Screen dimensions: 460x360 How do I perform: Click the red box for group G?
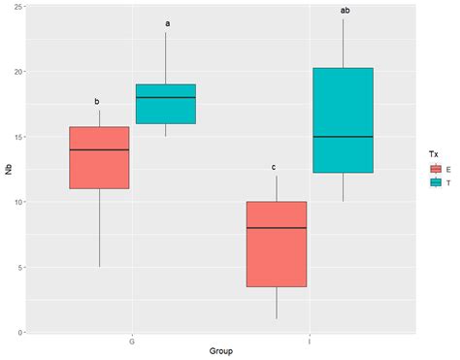(99, 157)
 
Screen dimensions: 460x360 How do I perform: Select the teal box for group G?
(166, 104)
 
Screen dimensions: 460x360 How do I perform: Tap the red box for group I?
(277, 245)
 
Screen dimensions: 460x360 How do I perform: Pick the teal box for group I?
(343, 120)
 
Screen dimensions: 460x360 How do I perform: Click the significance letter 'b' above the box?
(97, 102)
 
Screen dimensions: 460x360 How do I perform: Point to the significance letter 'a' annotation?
(167, 23)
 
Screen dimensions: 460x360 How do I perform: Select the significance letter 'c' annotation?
(274, 167)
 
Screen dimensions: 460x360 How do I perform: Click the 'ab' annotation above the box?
(345, 11)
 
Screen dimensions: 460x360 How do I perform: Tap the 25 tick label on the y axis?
(17, 7)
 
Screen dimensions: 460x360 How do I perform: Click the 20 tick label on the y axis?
(17, 72)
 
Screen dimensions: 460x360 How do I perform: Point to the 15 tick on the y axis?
(17, 137)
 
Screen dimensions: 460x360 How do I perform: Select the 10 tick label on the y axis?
(17, 202)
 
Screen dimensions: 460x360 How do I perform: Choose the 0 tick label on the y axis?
(20, 332)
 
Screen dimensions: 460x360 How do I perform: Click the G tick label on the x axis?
(132, 342)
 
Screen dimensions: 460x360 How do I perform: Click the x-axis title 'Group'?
(221, 351)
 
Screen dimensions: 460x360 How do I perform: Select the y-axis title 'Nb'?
(9, 169)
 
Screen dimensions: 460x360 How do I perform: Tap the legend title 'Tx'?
(433, 154)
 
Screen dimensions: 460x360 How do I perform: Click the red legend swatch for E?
(436, 169)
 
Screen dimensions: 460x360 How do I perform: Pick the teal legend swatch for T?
(436, 182)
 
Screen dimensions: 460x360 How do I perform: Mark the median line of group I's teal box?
(343, 137)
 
